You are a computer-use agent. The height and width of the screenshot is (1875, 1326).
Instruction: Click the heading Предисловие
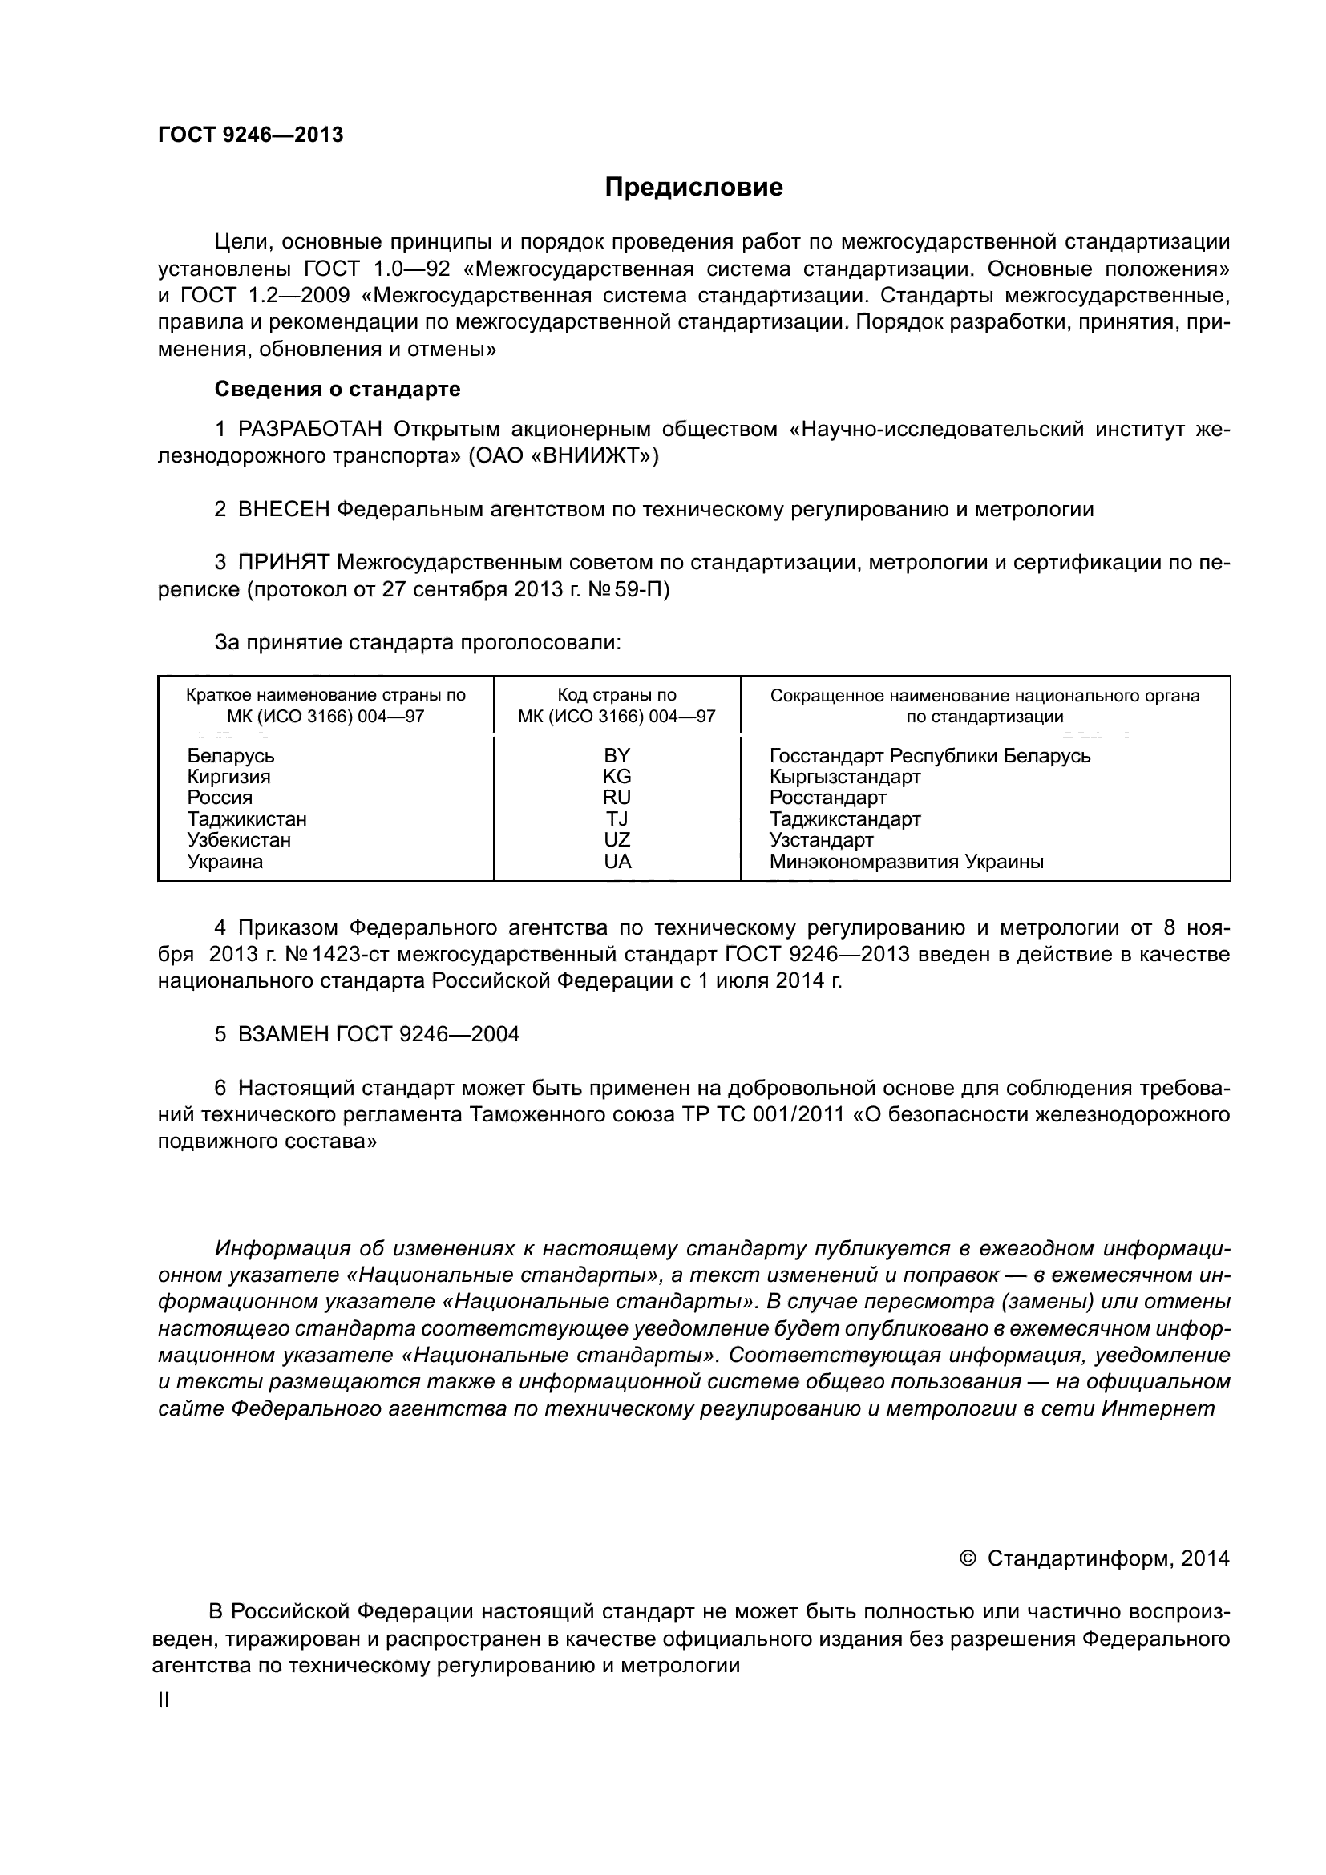[x=693, y=187]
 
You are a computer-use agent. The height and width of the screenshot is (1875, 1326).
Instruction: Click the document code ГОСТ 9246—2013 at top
[x=251, y=135]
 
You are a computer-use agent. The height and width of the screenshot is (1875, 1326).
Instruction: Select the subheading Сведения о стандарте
[x=338, y=389]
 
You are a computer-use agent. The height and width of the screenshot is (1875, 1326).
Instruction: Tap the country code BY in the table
[x=617, y=755]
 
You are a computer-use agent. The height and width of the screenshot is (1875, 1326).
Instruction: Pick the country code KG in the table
[x=617, y=777]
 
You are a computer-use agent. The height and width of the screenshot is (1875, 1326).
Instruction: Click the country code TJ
[x=617, y=818]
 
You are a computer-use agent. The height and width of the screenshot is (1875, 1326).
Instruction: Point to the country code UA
[x=617, y=861]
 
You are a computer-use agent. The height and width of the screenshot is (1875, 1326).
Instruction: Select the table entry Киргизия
[x=228, y=777]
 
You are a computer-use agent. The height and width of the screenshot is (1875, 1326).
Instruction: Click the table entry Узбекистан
[x=238, y=839]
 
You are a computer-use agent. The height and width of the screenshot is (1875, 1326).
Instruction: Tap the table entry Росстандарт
[x=828, y=798]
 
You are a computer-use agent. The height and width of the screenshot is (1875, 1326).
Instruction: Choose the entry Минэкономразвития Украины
[x=907, y=861]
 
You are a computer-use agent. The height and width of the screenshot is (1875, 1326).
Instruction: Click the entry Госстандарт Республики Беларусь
[x=930, y=755]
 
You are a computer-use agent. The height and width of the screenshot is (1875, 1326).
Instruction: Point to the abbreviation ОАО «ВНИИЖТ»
[x=564, y=455]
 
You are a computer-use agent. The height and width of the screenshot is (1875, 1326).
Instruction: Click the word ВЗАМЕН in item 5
[x=283, y=1035]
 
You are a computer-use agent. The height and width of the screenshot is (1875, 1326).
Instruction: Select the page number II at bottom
[x=164, y=1701]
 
